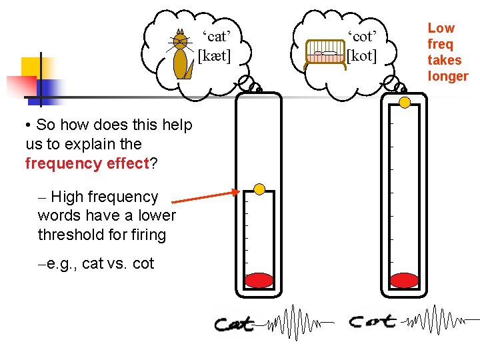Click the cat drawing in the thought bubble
pos(180,55)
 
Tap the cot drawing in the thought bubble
pos(325,54)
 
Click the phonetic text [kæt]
pos(215,55)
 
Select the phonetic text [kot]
pos(361,55)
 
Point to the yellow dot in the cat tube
pos(260,189)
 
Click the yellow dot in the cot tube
pos(405,102)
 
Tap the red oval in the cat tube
pos(259,280)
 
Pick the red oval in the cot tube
pos(404,280)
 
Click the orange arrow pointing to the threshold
pos(204,196)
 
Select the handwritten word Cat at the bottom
pos(235,325)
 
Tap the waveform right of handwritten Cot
pos(437,321)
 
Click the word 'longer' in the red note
pos(448,76)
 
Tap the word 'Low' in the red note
pos(441,28)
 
